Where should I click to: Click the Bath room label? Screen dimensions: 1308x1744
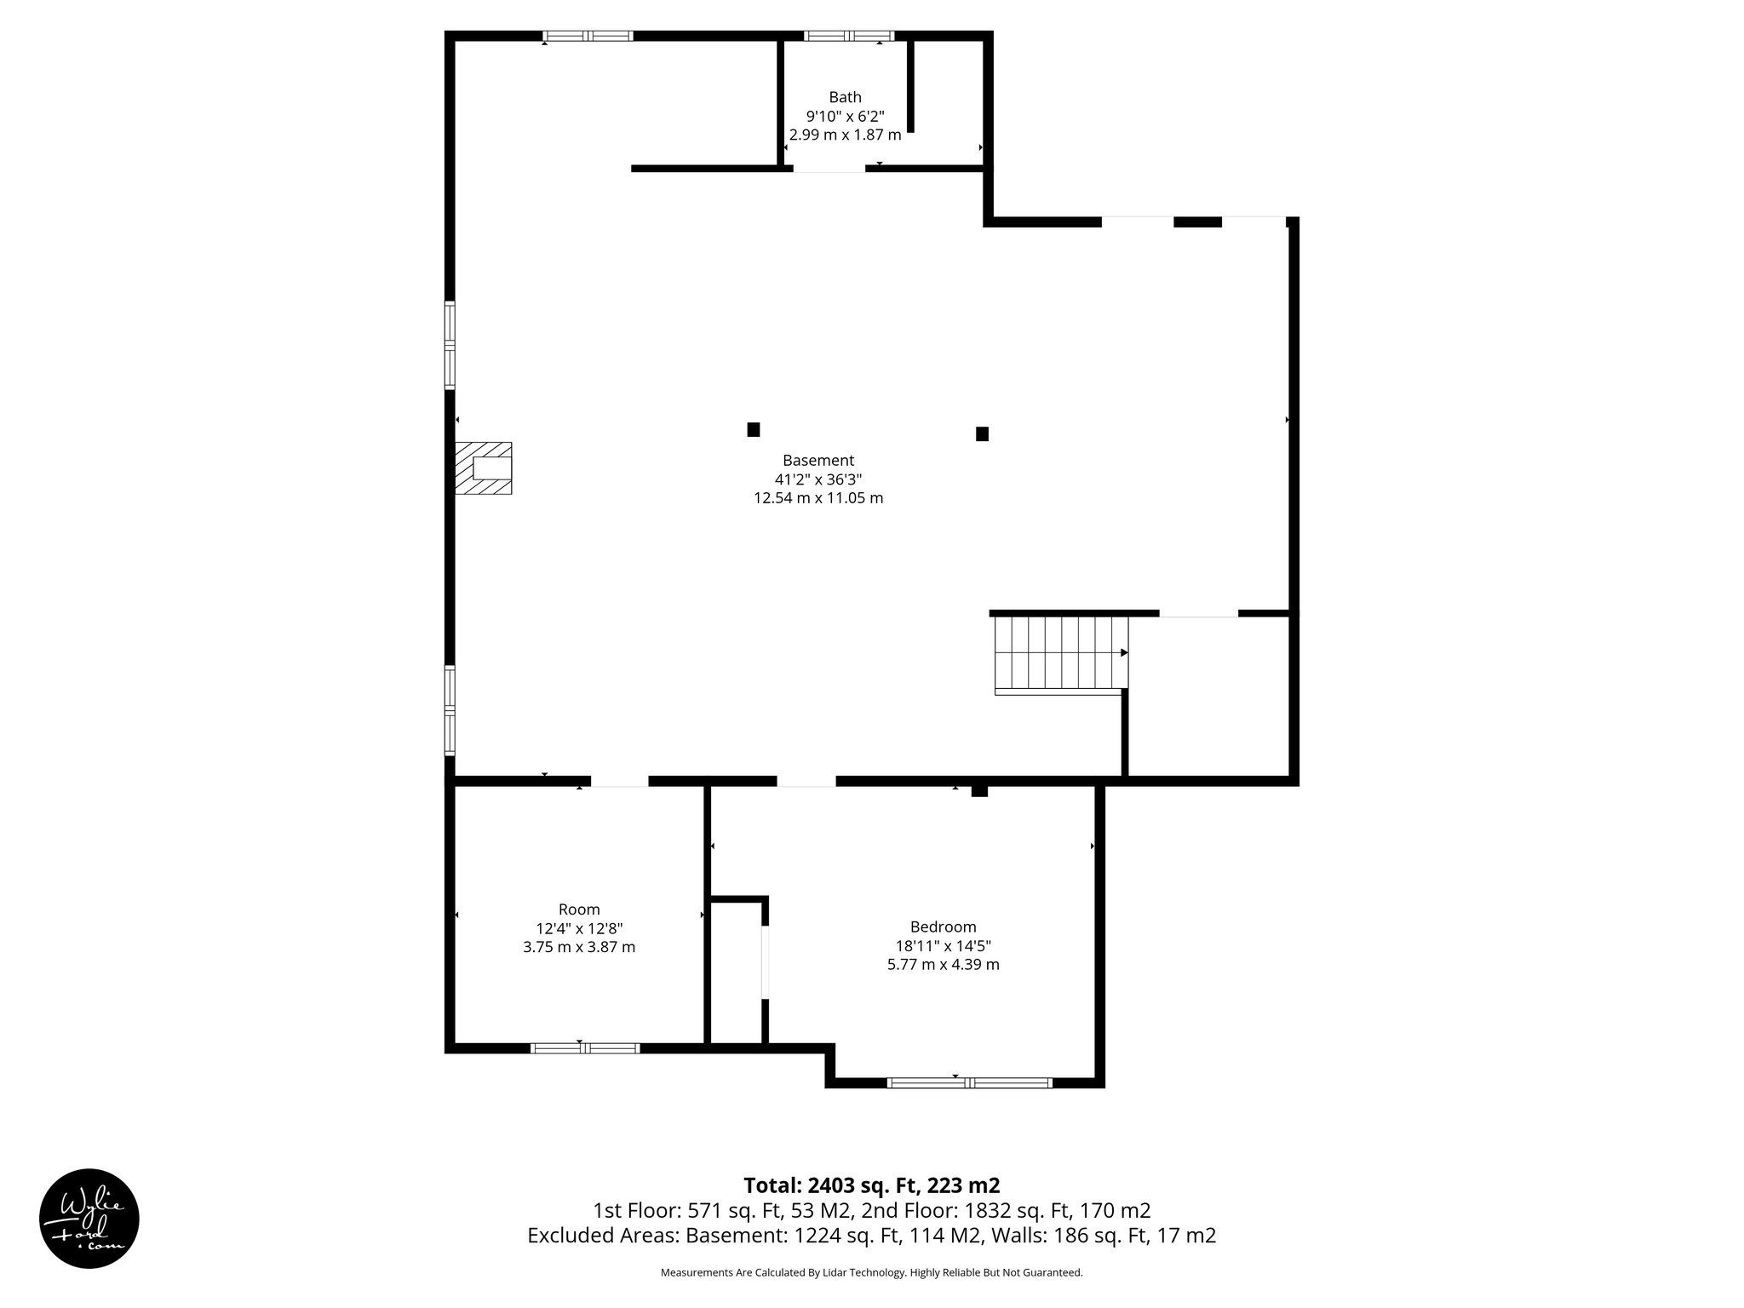pos(845,97)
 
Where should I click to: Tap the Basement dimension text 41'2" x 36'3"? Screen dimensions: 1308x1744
pos(817,479)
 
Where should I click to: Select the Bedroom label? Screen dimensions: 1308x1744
pos(943,926)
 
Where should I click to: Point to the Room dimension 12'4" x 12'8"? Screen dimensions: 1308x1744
pos(579,928)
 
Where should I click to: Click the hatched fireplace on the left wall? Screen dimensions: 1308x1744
pos(483,468)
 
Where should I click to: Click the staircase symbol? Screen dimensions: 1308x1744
pos(1061,653)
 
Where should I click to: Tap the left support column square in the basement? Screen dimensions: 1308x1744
pos(753,429)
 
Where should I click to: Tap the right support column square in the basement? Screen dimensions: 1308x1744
pos(982,433)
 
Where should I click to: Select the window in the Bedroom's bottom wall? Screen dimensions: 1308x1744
pos(969,1083)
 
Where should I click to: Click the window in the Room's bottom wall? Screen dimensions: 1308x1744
pos(585,1048)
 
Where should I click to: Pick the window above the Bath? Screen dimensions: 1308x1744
pos(848,36)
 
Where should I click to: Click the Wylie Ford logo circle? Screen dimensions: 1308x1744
pos(89,1218)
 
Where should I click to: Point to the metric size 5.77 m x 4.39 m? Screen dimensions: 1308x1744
pos(943,965)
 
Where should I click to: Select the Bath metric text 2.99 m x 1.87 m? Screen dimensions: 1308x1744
pos(845,135)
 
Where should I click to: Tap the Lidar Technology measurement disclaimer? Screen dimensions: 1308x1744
pos(871,1272)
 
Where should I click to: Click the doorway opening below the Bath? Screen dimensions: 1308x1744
pos(829,169)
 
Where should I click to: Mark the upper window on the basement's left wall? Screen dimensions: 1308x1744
pos(450,345)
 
